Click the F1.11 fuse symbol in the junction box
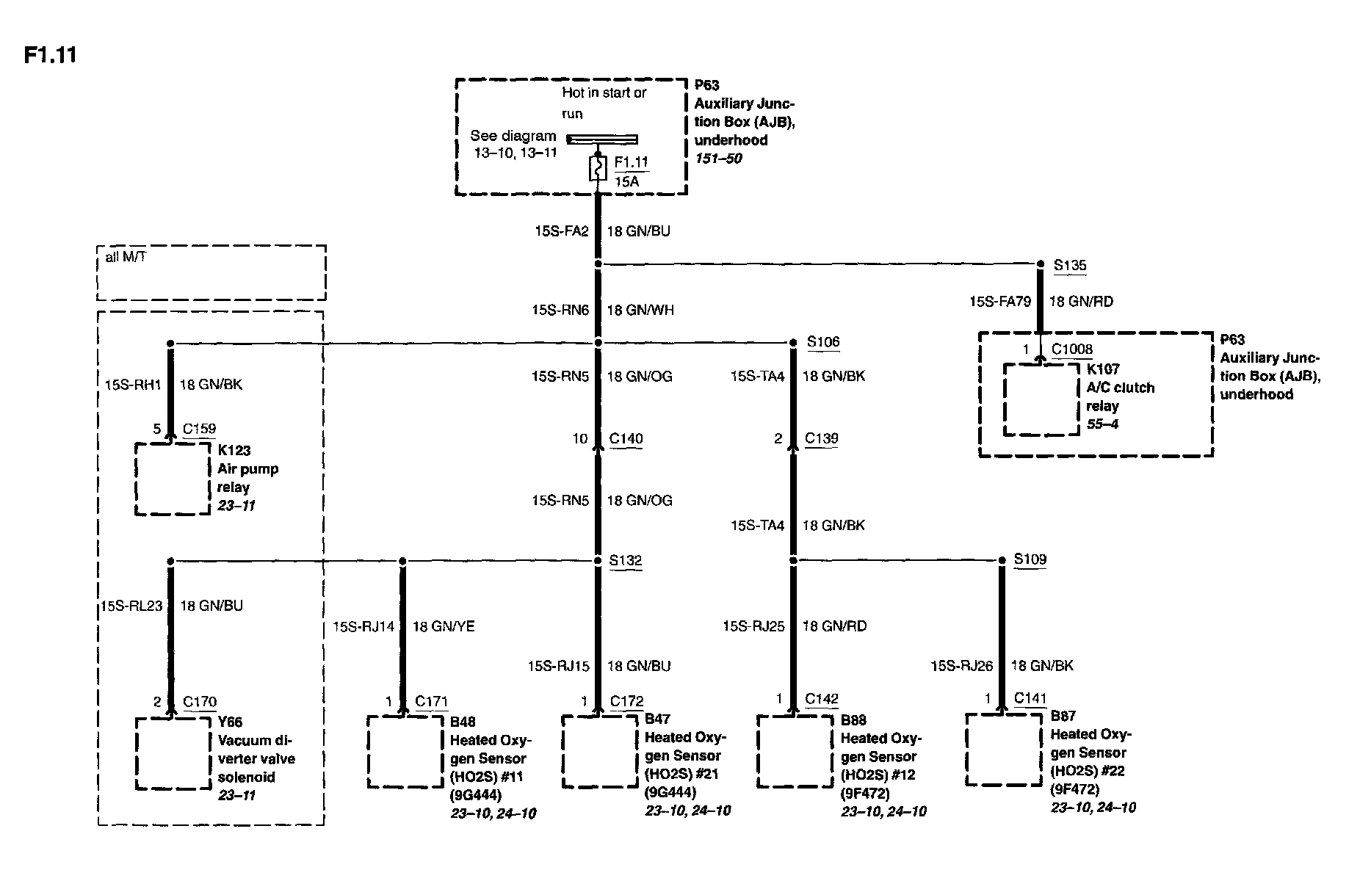(x=598, y=169)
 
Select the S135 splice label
(x=1069, y=265)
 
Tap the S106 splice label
(x=822, y=341)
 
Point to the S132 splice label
(x=626, y=560)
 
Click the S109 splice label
(x=1030, y=559)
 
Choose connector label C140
(x=626, y=439)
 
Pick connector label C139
(x=821, y=438)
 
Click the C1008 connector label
(x=1071, y=349)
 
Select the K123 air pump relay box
(x=173, y=478)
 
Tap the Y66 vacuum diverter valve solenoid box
(x=173, y=753)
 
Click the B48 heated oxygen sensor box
(x=405, y=751)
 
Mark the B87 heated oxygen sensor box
(x=1002, y=750)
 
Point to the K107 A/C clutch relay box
(x=1041, y=399)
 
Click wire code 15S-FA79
(x=999, y=302)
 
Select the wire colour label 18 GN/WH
(x=640, y=311)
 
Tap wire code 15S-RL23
(x=131, y=606)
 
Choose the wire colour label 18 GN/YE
(x=443, y=626)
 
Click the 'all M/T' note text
(x=126, y=258)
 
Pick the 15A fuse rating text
(x=626, y=182)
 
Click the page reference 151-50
(x=718, y=159)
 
